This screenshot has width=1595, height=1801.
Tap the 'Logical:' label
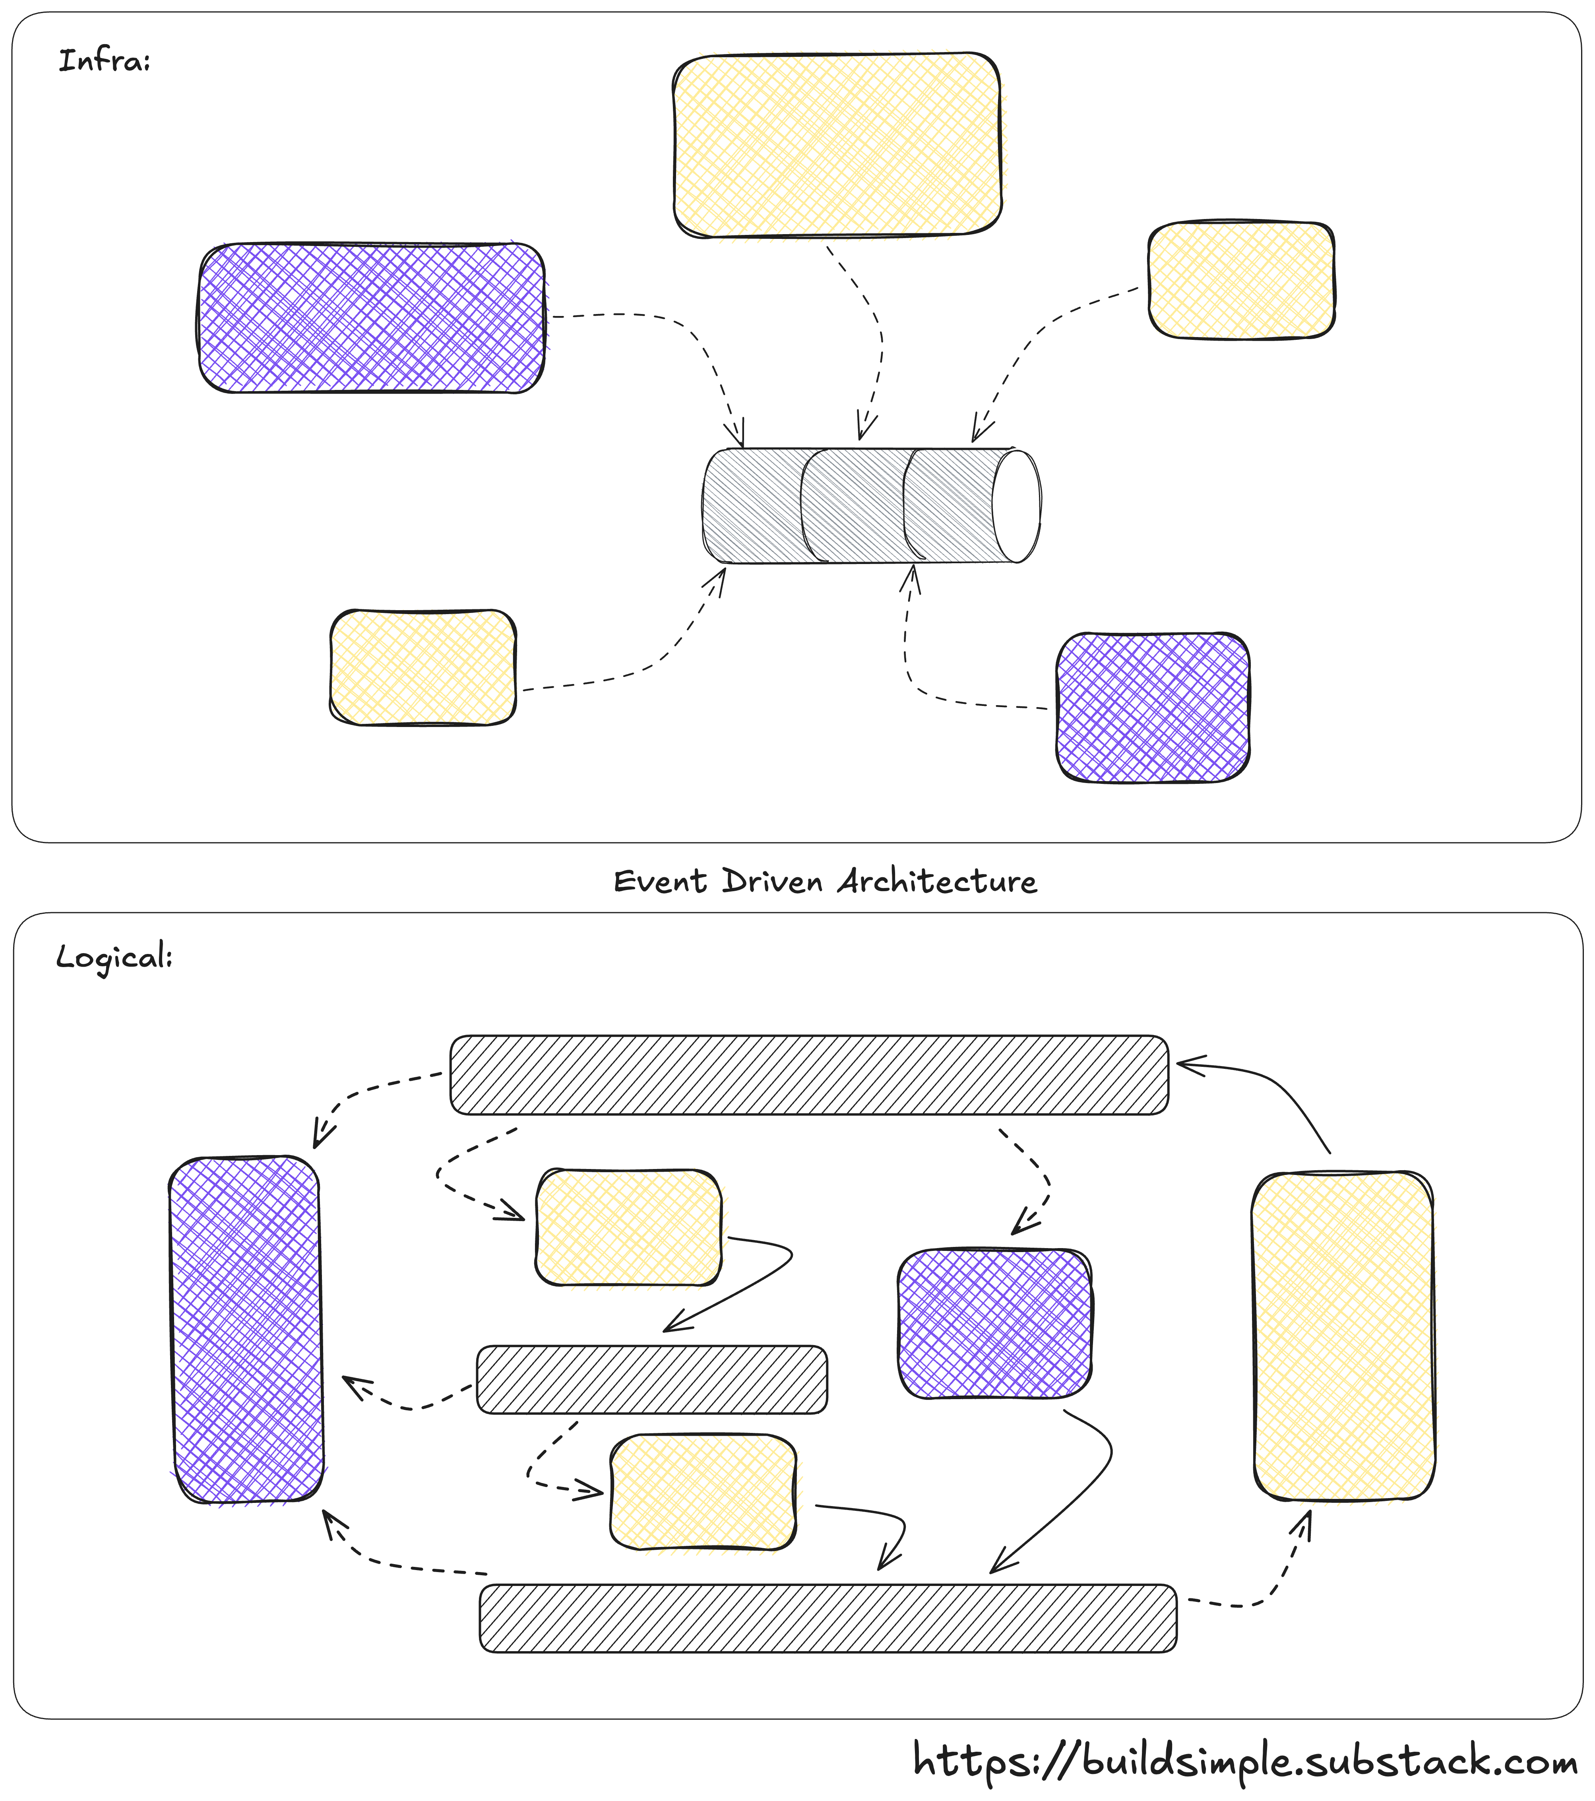pos(114,957)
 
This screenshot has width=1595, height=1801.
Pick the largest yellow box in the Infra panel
pos(837,145)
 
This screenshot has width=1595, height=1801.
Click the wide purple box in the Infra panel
pos(371,318)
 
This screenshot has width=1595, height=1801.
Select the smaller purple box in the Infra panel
pos(1153,708)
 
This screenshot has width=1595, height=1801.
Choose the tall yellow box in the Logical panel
pos(1343,1336)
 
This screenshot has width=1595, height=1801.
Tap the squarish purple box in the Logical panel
pos(994,1324)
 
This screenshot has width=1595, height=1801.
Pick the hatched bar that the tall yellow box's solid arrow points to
pos(809,1075)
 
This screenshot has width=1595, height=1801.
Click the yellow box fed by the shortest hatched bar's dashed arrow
pos(703,1492)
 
